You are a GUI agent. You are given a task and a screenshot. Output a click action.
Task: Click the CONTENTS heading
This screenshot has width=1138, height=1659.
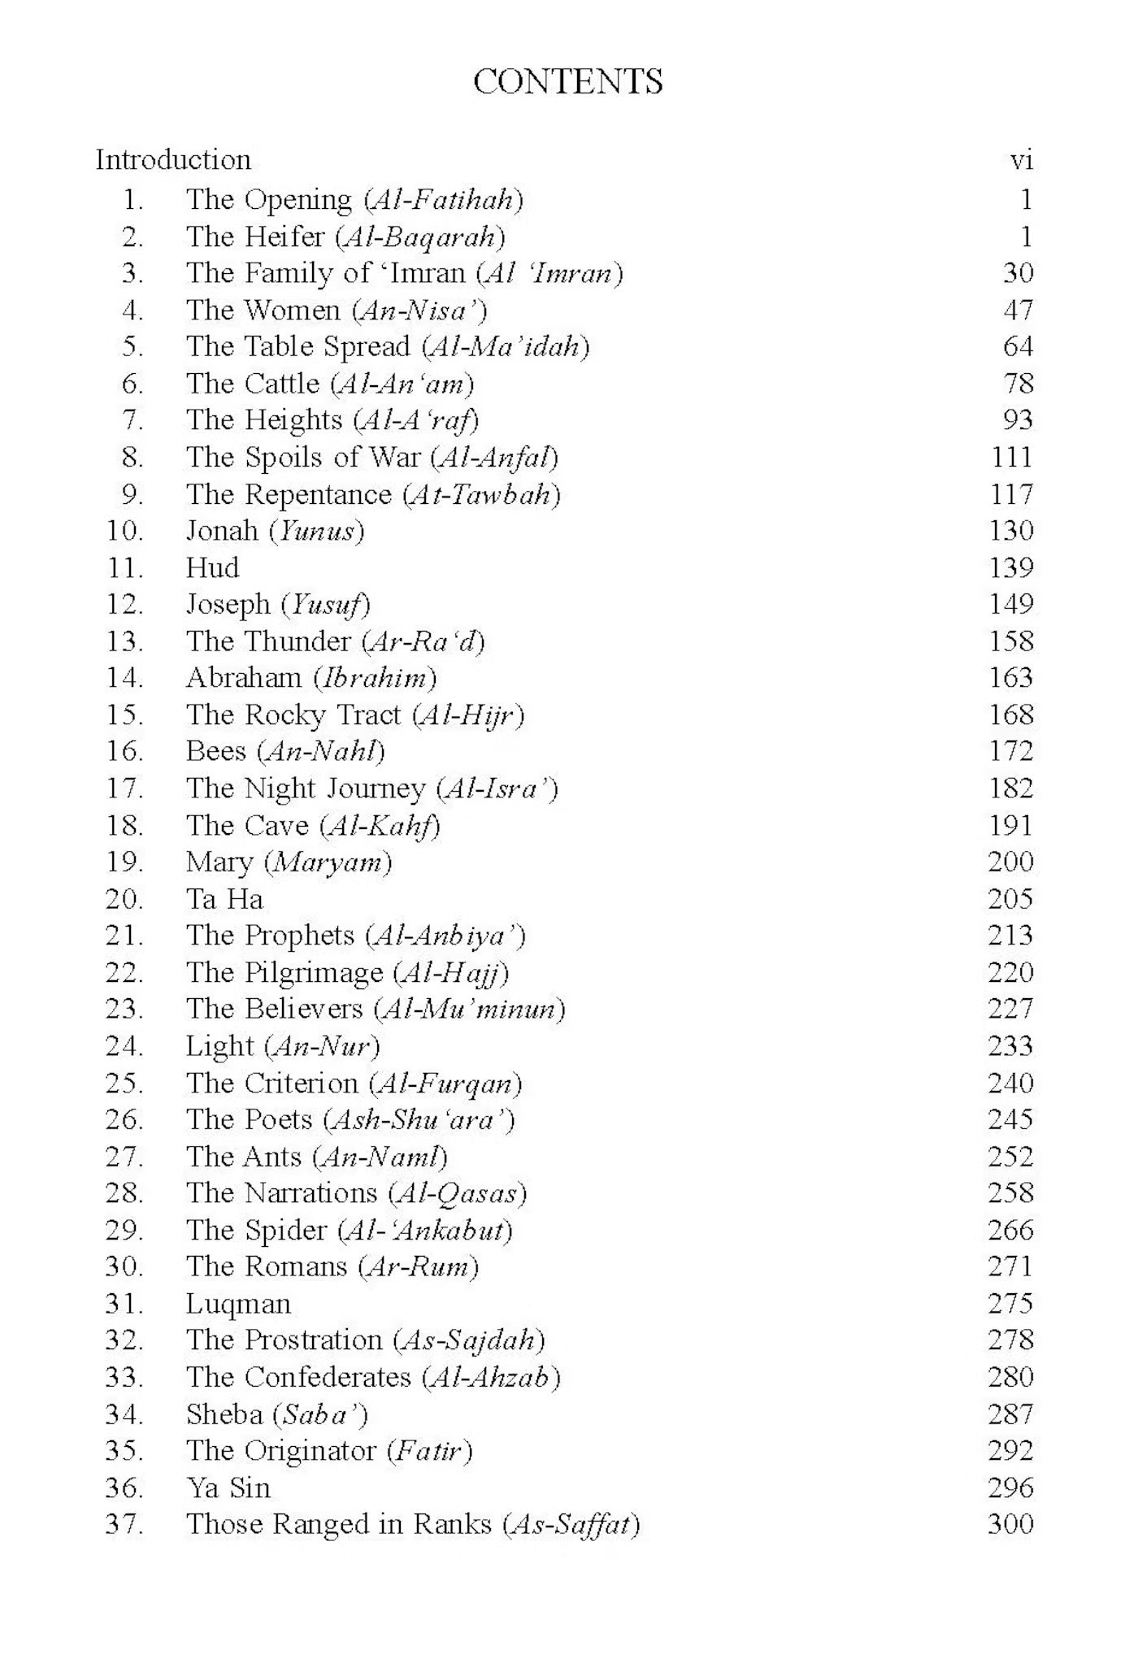567,82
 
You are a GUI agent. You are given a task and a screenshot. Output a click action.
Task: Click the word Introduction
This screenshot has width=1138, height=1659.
173,160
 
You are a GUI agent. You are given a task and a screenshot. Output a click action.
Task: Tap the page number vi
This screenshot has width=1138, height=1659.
1021,160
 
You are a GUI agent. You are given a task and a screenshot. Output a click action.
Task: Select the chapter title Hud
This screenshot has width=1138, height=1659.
212,567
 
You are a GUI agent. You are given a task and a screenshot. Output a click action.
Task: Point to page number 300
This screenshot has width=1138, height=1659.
1010,1524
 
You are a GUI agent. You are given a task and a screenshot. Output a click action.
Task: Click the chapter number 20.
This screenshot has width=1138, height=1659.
124,899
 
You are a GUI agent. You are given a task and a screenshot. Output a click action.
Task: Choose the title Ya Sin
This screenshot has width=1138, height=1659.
228,1487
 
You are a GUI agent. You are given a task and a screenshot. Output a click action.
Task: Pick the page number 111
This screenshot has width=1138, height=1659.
1012,457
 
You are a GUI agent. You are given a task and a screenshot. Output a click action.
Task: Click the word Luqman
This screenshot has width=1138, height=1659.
238,1304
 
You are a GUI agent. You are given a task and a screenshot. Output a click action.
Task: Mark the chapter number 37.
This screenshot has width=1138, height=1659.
124,1524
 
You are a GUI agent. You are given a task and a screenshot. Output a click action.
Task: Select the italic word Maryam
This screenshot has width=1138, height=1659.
328,862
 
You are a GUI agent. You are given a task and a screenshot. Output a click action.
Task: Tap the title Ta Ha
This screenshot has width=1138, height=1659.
224,899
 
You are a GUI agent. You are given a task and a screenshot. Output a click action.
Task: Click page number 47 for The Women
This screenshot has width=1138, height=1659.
1018,310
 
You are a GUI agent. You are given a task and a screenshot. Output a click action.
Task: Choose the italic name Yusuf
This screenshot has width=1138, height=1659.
325,605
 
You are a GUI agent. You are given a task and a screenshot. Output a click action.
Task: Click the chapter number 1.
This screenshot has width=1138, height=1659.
132,200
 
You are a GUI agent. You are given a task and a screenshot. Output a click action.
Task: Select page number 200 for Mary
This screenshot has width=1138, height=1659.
1010,862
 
